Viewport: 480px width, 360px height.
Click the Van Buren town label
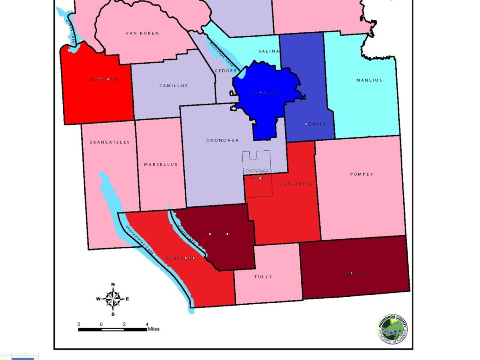pyautogui.click(x=142, y=33)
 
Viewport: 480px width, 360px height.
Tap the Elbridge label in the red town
pyautogui.click(x=104, y=79)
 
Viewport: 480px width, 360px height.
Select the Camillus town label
pyautogui.click(x=173, y=86)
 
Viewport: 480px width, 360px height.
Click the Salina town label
pyautogui.click(x=267, y=51)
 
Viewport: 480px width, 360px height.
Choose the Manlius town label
pyautogui.click(x=369, y=80)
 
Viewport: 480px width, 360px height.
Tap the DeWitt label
pyautogui.click(x=315, y=124)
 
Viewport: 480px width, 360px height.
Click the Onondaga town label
pyautogui.click(x=222, y=140)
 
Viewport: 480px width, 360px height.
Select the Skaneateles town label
pyautogui.click(x=110, y=142)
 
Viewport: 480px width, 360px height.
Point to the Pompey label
pyautogui.click(x=362, y=174)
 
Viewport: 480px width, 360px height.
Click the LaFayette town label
pyautogui.click(x=296, y=184)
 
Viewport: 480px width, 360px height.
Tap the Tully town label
pyautogui.click(x=263, y=277)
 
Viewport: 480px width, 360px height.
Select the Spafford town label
pyautogui.click(x=180, y=258)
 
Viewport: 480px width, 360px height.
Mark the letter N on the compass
pyautogui.click(x=113, y=284)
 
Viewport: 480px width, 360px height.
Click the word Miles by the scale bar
pyautogui.click(x=154, y=329)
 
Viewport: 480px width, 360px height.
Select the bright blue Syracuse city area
pyautogui.click(x=266, y=96)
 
